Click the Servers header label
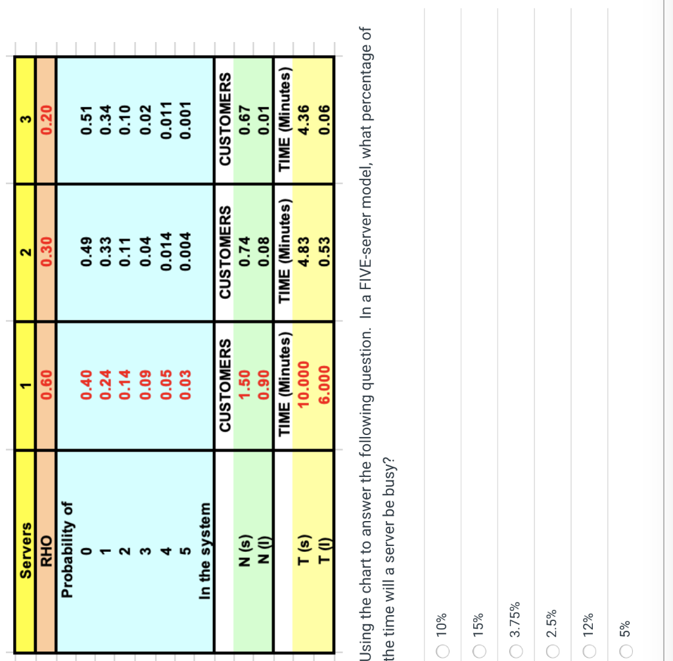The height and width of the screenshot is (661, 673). point(26,550)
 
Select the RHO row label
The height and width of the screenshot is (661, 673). point(46,551)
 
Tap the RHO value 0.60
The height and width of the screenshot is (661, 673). point(46,385)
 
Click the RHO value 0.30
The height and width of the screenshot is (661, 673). point(46,252)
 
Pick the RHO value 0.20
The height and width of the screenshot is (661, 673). point(46,120)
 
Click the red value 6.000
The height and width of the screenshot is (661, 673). point(324,385)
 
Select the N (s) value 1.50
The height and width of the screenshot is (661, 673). point(244,385)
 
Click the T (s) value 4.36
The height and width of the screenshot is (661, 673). point(303,120)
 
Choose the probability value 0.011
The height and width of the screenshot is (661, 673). point(166,120)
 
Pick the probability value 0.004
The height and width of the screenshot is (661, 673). point(185,252)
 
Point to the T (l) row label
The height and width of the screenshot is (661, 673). point(324,550)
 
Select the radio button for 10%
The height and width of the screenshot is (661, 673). point(442,650)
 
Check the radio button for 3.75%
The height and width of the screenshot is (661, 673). point(515,650)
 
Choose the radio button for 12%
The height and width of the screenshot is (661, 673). point(589,650)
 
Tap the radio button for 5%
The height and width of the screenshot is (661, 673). point(626,650)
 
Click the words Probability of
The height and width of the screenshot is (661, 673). point(67,550)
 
